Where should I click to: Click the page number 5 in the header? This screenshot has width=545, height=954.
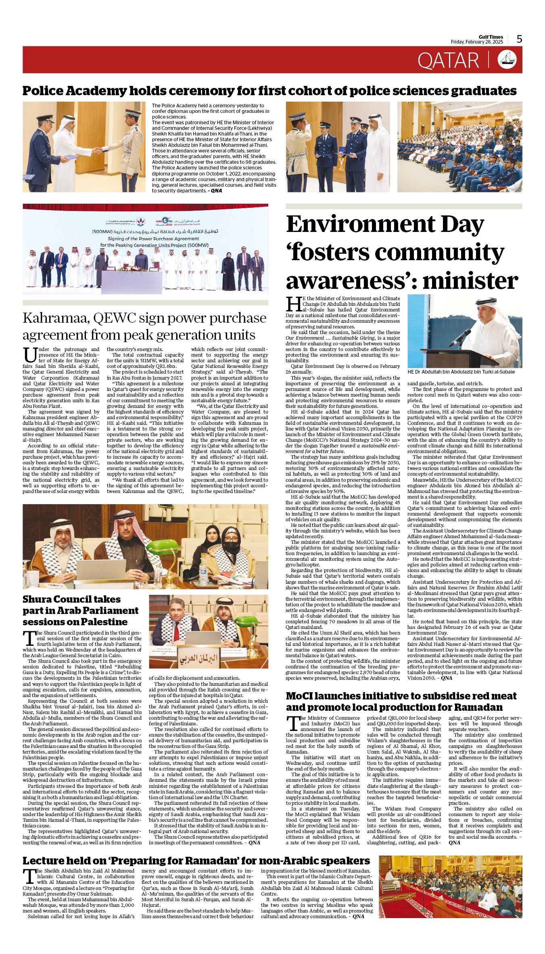[519, 39]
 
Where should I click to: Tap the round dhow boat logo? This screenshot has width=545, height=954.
[507, 59]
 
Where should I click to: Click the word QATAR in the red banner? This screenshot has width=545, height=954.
[448, 61]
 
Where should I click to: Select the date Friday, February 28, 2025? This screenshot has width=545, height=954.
[477, 42]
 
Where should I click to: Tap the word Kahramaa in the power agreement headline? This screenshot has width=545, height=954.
[56, 318]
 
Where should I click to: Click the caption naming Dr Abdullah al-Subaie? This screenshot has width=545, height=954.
[461, 372]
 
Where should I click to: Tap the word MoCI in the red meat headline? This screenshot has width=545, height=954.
[302, 696]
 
